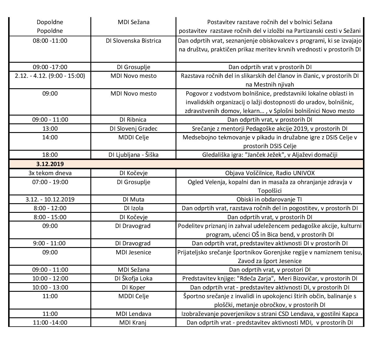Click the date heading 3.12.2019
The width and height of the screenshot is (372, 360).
[50, 164]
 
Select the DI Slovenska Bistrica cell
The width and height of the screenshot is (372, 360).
[133, 41]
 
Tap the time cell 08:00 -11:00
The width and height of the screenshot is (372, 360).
[50, 41]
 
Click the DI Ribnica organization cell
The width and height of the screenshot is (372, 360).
[133, 120]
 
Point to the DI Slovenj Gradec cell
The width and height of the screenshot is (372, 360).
[133, 129]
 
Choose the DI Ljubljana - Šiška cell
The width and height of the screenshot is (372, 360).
[133, 155]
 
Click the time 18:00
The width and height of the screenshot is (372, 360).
[50, 155]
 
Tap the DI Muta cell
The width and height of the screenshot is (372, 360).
[133, 199]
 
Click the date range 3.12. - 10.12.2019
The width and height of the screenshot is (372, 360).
[50, 199]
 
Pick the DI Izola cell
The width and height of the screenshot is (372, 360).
[133, 208]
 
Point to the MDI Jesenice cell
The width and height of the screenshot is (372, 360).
[133, 252]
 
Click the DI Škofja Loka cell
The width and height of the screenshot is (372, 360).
[133, 278]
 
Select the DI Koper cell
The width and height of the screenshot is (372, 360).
[133, 287]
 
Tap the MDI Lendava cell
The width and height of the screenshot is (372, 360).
[133, 314]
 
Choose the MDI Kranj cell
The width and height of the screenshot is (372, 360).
[133, 323]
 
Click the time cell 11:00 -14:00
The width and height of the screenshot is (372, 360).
[50, 323]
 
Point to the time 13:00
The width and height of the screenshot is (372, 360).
[50, 129]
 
